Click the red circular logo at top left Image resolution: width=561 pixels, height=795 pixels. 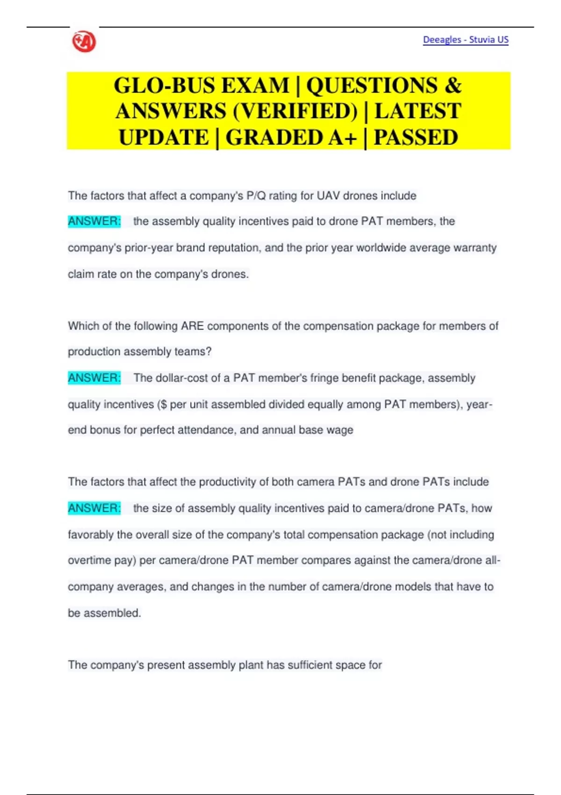pos(84,42)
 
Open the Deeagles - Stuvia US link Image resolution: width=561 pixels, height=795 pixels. pos(465,40)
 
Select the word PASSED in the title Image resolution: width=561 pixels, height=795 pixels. pos(416,137)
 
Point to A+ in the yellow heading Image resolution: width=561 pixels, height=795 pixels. pos(343,137)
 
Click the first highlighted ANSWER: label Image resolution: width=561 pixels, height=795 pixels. pos(94,221)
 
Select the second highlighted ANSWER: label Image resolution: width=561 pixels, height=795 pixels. pos(94,378)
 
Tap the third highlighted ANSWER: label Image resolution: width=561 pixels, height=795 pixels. pos(94,508)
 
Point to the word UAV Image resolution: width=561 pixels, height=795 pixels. pos(328,195)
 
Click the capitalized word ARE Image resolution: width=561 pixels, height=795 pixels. pos(192,326)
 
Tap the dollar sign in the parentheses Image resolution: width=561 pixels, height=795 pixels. pos(163,404)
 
